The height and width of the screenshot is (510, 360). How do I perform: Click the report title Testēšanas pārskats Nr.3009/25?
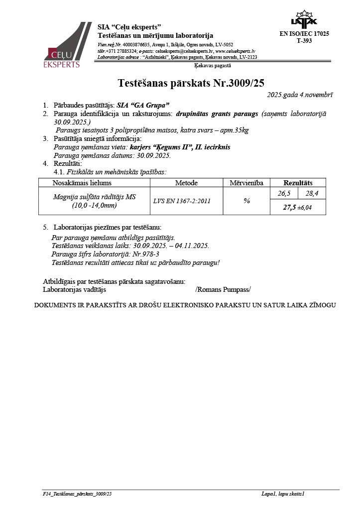194,83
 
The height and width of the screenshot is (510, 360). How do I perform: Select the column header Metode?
186,183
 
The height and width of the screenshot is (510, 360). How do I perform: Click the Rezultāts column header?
298,183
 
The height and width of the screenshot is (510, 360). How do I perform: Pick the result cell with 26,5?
284,193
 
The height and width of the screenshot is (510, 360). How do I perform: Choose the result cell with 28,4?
312,193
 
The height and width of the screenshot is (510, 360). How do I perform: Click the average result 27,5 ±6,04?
297,207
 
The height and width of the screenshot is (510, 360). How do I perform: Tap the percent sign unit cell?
246,201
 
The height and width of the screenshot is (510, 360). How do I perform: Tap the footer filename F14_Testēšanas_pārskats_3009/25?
77,494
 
